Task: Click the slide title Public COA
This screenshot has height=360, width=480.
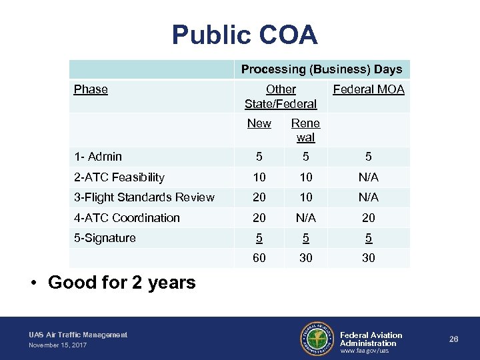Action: [x=245, y=35]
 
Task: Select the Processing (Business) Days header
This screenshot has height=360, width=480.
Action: [x=321, y=69]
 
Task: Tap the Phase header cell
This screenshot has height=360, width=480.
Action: [x=91, y=89]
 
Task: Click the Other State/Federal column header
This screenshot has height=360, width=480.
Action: [x=281, y=96]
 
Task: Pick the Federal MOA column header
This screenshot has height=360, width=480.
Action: [x=369, y=89]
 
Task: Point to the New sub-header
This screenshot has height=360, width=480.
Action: [x=259, y=123]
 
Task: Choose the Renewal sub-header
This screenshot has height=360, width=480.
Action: [x=305, y=130]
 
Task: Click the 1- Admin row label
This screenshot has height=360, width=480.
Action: [x=98, y=157]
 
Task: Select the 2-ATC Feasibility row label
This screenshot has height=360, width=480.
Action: [x=119, y=177]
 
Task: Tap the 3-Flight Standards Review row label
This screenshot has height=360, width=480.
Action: [x=144, y=197]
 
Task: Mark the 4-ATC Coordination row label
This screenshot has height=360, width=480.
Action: [x=127, y=218]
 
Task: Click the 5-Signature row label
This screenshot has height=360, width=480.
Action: [x=105, y=238]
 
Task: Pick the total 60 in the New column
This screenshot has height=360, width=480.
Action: [x=259, y=257]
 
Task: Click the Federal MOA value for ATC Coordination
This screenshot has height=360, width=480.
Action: [x=369, y=218]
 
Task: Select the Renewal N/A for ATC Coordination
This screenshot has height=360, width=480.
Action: [x=305, y=218]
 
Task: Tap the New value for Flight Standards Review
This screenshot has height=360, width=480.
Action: [x=259, y=197]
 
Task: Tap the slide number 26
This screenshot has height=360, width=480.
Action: [x=454, y=339]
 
